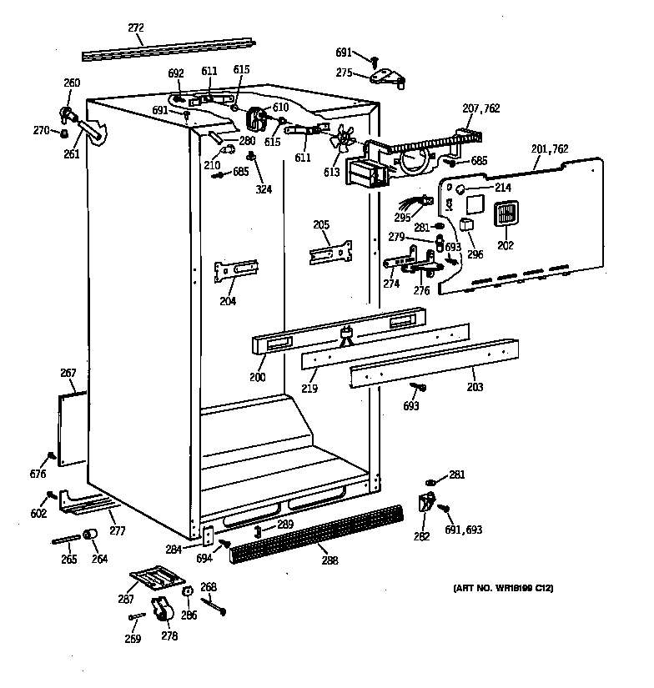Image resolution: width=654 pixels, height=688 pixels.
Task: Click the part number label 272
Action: [x=135, y=27]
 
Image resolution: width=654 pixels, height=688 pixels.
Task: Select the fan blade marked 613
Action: [x=342, y=138]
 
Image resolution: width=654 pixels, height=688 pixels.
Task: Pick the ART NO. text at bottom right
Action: [x=503, y=590]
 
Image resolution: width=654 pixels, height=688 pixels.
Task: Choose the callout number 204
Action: [x=228, y=301]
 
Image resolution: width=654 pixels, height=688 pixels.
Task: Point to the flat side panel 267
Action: [x=72, y=429]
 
